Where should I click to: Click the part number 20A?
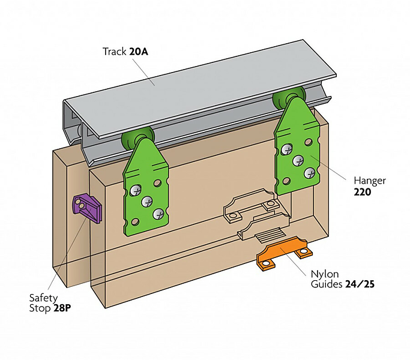coord(139,52)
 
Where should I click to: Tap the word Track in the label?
coord(115,52)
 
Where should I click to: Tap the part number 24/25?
coord(360,284)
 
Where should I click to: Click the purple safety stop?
coord(87,208)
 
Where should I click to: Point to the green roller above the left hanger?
coord(133,139)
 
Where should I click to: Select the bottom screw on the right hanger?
coord(310,173)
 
